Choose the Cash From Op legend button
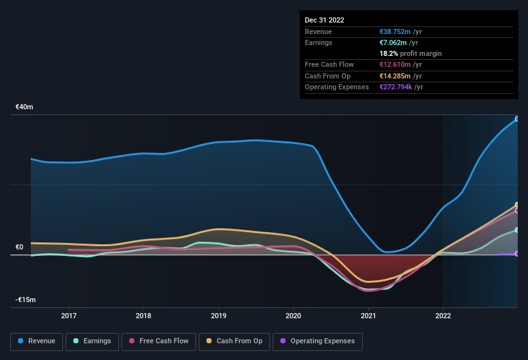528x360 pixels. (x=235, y=341)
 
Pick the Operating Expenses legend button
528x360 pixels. (x=318, y=341)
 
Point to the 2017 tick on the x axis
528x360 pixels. (x=69, y=316)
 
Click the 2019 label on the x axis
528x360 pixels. (x=219, y=316)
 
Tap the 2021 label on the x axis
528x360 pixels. (x=369, y=316)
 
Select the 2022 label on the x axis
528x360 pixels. (x=443, y=316)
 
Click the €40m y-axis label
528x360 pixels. (x=24, y=107)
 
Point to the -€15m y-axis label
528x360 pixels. (x=26, y=300)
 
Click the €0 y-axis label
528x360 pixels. (x=19, y=248)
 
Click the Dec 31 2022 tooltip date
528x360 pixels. (x=324, y=20)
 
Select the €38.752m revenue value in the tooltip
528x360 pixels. (x=396, y=32)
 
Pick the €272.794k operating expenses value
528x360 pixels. (x=401, y=87)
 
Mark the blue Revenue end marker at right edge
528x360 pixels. (x=516, y=119)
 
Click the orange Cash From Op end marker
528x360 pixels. (x=516, y=205)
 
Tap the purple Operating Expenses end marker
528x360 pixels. (x=516, y=254)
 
